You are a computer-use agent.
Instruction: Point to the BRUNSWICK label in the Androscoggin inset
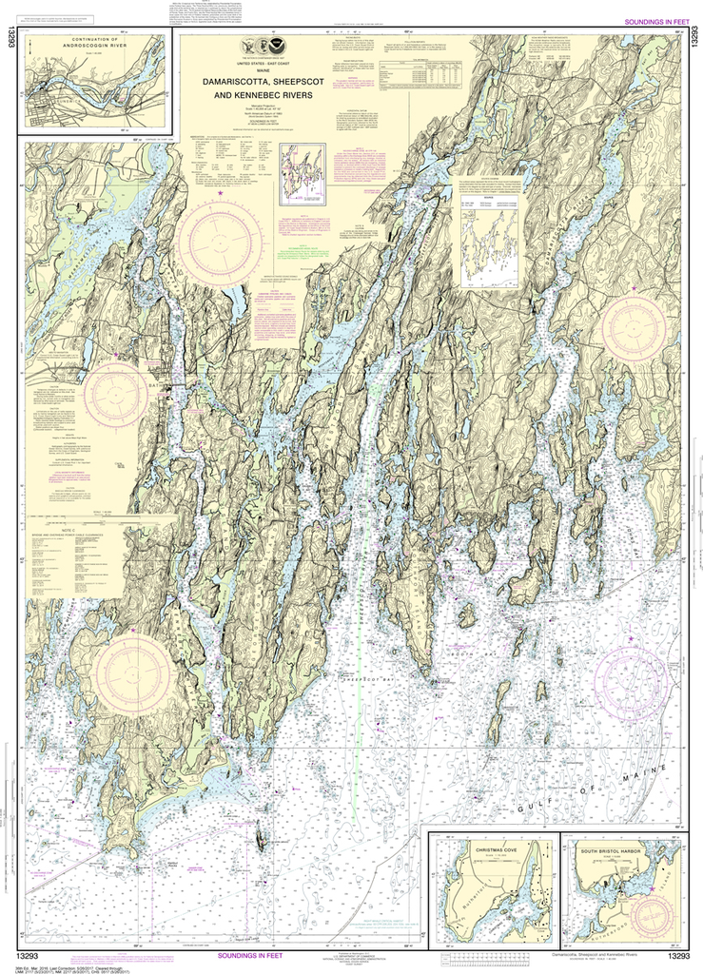tap(48, 95)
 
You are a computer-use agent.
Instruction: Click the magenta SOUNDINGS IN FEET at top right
tap(655, 22)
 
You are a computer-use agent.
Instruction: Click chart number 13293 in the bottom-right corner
tap(677, 956)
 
